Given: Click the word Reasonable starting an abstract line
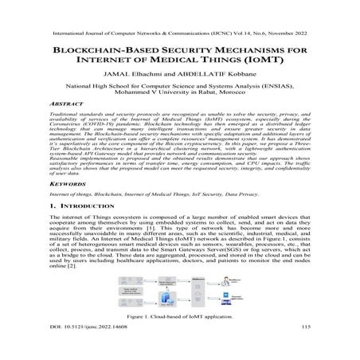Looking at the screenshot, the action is coord(67,180).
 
